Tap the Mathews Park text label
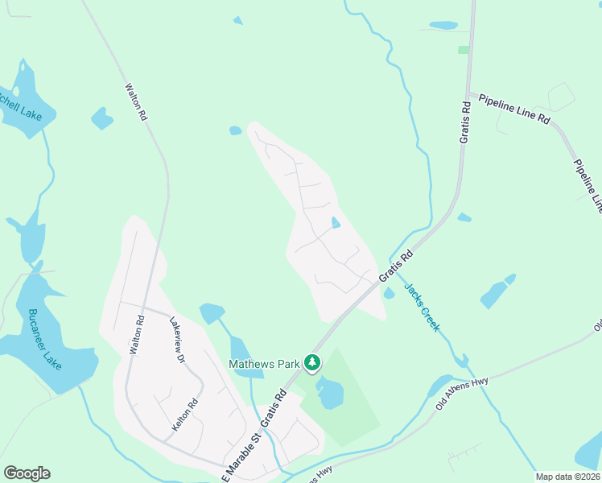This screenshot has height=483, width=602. pyautogui.click(x=265, y=364)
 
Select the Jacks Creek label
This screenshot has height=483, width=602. pyautogui.click(x=422, y=307)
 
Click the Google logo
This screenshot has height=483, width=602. pyautogui.click(x=27, y=473)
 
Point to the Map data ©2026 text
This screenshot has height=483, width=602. pyautogui.click(x=567, y=477)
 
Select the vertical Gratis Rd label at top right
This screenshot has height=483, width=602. pyautogui.click(x=465, y=122)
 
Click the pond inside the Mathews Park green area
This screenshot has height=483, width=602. pyautogui.click(x=329, y=393)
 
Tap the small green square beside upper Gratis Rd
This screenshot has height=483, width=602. pyautogui.click(x=464, y=50)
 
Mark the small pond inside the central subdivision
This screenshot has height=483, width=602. pyautogui.click(x=335, y=222)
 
